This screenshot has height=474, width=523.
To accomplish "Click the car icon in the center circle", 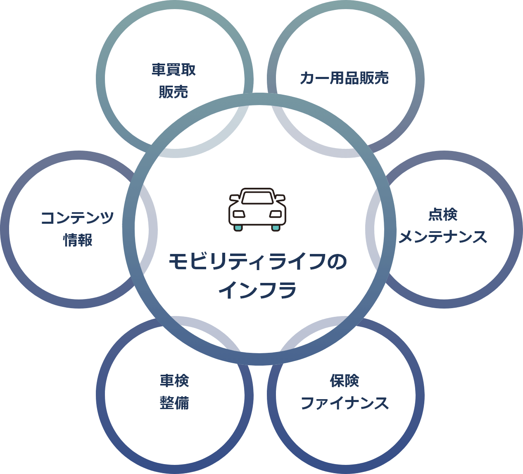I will click(257, 209).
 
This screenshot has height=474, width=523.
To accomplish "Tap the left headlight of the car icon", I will click(238, 214).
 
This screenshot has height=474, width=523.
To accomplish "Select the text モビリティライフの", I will click(258, 262).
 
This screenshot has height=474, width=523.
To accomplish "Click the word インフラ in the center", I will click(258, 290).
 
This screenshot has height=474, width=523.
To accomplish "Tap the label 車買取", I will click(174, 69).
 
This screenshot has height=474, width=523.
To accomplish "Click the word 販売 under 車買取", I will click(174, 91).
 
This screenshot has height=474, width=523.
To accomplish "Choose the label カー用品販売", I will click(345, 78).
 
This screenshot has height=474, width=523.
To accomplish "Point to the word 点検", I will click(443, 215).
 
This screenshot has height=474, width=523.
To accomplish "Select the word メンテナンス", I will click(443, 237).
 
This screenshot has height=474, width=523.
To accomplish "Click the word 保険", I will click(345, 381).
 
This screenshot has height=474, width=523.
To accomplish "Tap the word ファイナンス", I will click(345, 403).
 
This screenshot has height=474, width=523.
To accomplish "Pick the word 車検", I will click(174, 381).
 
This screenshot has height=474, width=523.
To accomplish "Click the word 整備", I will click(174, 403).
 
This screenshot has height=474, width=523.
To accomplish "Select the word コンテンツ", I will click(77, 218).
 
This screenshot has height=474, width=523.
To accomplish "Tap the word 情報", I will click(77, 240).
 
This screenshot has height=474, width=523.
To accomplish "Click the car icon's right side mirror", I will click(280, 197).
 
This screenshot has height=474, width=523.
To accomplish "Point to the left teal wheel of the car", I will click(238, 227).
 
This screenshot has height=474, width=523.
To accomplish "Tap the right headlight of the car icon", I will click(276, 214).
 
